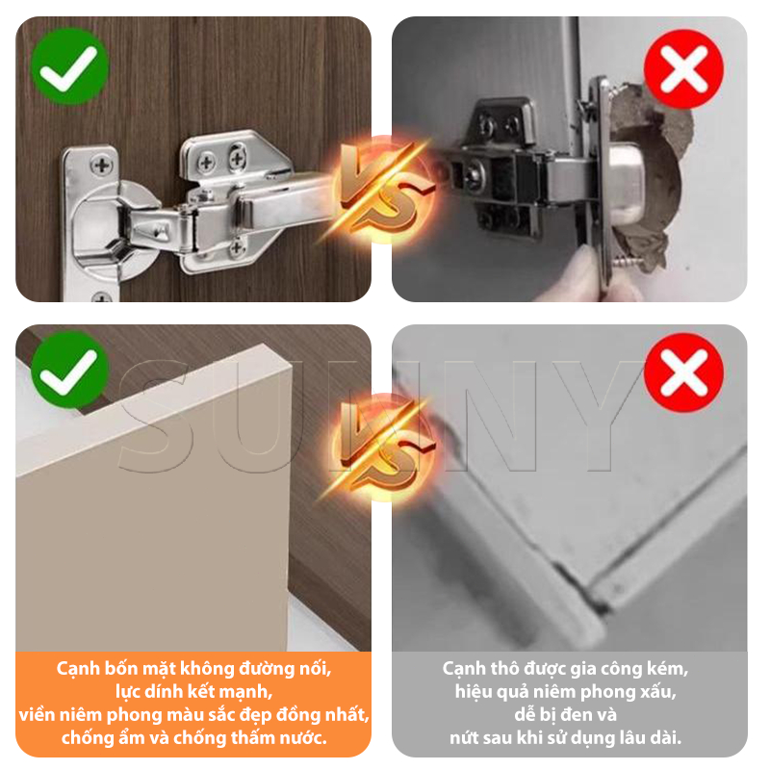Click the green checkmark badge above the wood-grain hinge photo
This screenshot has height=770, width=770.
pyautogui.click(x=69, y=66)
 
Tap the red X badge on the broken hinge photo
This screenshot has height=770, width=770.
pyautogui.click(x=683, y=68)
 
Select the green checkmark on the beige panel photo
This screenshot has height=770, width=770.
pyautogui.click(x=69, y=370)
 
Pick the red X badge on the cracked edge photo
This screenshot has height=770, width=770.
pyautogui.click(x=683, y=372)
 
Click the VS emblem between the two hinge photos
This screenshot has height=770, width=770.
pyautogui.click(x=384, y=189)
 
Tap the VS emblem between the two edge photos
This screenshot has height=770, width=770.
pyautogui.click(x=384, y=447)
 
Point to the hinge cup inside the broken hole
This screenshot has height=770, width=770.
pyautogui.click(x=628, y=183)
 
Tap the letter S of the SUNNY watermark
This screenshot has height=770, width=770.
pyautogui.click(x=153, y=417)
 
